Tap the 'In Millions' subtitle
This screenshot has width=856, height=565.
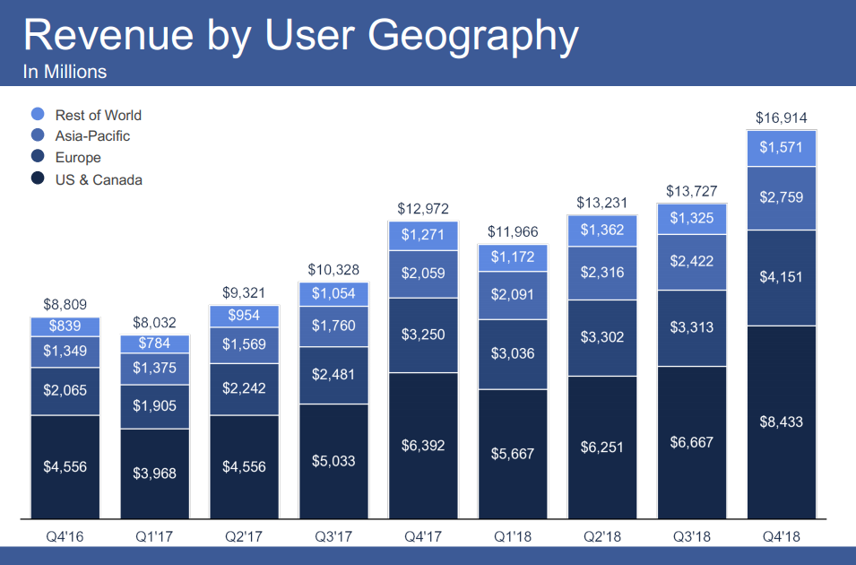point(65,72)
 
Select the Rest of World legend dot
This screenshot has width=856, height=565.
point(38,115)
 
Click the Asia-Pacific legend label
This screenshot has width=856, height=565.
point(92,136)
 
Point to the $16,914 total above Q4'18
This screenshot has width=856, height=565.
point(781,118)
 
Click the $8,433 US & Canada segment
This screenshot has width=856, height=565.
point(781,422)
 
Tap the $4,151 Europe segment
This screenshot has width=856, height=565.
point(781,277)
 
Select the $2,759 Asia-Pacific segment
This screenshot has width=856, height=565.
point(781,197)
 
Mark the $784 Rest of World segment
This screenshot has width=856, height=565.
point(154,343)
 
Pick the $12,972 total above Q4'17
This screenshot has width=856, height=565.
point(423,209)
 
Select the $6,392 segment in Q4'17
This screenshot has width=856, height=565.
point(423,445)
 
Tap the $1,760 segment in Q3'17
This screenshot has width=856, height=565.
point(333,326)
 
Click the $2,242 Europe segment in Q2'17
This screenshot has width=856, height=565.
point(244,388)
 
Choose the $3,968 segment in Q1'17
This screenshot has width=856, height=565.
point(154,473)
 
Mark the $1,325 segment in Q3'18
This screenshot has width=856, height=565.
point(691,219)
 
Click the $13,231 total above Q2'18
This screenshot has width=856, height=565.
point(601,202)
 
